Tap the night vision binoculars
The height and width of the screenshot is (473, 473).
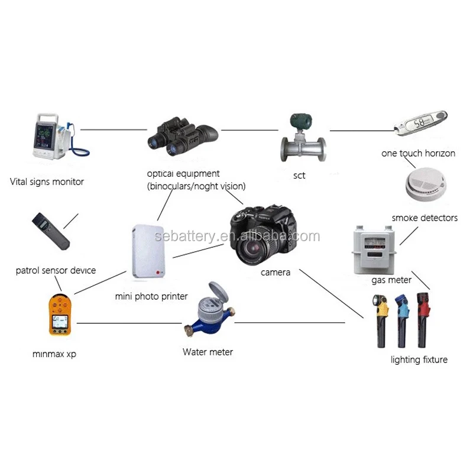tap(183, 136)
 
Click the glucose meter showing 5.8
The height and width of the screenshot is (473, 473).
tap(421, 123)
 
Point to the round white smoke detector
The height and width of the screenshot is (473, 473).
tap(426, 183)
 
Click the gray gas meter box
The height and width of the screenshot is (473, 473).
tap(374, 250)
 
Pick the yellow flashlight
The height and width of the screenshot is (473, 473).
tap(381, 320)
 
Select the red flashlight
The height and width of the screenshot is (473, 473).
tap(423, 320)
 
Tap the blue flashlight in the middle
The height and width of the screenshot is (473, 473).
tap(403, 320)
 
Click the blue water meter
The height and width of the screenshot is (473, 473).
tap(210, 310)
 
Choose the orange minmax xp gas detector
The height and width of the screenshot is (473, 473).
tap(60, 315)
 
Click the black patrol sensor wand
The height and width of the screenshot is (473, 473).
tap(51, 231)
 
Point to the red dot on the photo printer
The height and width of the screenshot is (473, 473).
tap(158, 273)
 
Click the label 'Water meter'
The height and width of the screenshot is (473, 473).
tap(208, 352)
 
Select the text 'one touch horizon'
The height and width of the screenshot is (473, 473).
tap(418, 153)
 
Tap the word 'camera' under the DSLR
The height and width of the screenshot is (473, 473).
tap(276, 273)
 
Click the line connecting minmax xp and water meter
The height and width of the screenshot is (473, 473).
tap(129, 323)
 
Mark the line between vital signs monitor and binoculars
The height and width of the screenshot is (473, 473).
tap(114, 129)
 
